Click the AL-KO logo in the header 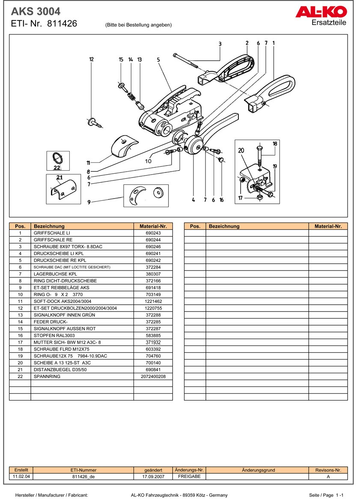coord(321,12)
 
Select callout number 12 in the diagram coord(91,59)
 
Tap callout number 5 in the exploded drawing coord(158,60)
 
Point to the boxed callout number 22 coord(57,168)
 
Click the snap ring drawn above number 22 coord(58,158)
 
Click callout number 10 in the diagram coord(148,161)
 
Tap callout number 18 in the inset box coord(275,144)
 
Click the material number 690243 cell coord(153,233)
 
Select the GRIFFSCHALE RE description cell coord(82,240)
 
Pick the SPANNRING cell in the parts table coord(82,377)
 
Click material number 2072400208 coord(153,377)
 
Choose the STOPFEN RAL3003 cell coord(82,336)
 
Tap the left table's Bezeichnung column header coord(82,226)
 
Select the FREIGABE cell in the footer coord(189,476)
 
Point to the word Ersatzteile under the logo coord(329,23)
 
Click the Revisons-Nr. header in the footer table coord(328,470)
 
